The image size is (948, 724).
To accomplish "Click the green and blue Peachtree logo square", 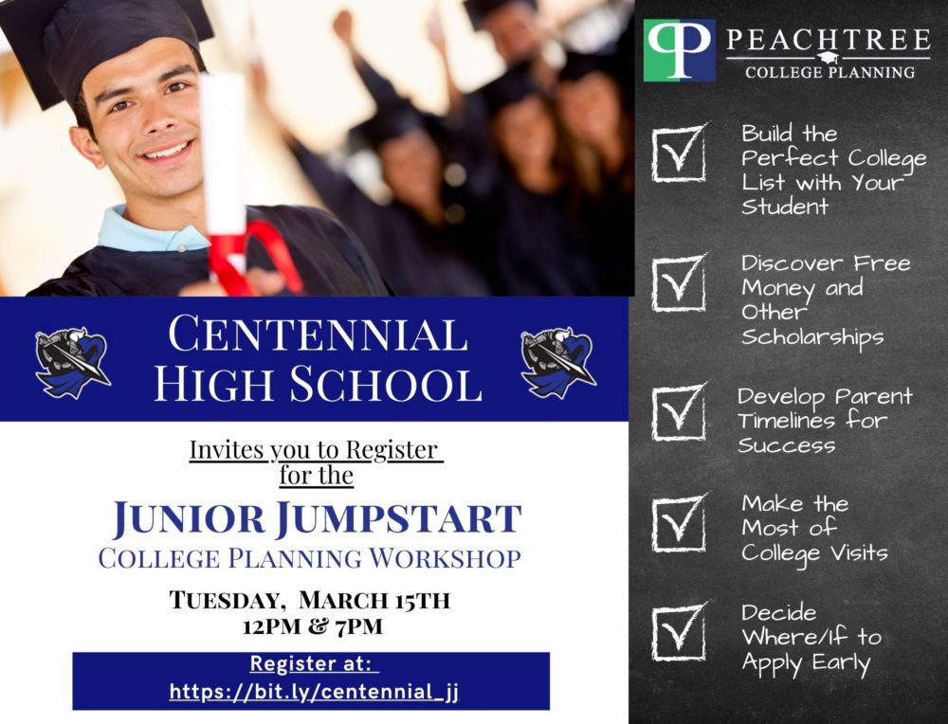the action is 680,50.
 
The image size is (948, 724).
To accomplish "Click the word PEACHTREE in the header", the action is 829,40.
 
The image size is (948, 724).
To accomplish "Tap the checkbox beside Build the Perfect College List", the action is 679,153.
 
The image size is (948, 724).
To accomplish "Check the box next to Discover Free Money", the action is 679,282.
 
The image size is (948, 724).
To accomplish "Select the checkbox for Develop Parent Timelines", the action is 679,412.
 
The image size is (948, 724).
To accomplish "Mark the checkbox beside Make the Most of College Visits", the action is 679,523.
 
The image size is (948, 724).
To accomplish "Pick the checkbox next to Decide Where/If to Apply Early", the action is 679,632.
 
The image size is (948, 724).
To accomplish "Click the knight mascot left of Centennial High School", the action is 73,362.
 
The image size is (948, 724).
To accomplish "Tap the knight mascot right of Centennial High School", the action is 558,362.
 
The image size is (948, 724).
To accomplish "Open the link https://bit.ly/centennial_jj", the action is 314,692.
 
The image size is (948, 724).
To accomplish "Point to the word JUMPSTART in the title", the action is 398,519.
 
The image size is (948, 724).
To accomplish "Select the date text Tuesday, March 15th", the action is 310,600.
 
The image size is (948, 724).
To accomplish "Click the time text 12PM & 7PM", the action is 313,626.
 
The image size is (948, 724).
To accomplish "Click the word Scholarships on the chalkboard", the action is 812,337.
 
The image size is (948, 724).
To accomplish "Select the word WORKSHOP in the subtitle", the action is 445,558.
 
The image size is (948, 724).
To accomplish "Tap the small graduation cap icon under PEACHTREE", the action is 829,58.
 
